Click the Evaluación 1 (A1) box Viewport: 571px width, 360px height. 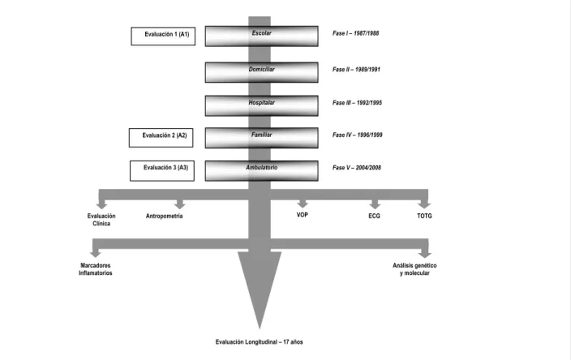pyautogui.click(x=163, y=36)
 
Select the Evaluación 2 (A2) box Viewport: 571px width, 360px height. pyautogui.click(x=161, y=138)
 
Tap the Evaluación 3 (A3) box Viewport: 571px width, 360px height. pyautogui.click(x=162, y=171)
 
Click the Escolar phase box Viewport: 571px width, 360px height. pyautogui.click(x=261, y=36)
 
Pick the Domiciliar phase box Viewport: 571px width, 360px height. pyautogui.click(x=261, y=72)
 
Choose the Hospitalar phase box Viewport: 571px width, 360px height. pyautogui.click(x=261, y=105)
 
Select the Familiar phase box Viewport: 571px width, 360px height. pyautogui.click(x=261, y=138)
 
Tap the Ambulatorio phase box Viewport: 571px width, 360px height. pyautogui.click(x=261, y=171)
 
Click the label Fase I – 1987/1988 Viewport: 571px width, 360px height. pyautogui.click(x=355, y=33)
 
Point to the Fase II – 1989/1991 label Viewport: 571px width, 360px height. pyautogui.click(x=356, y=69)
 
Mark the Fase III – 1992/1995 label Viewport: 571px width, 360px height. pyautogui.click(x=357, y=103)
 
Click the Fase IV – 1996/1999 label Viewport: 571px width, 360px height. pyautogui.click(x=357, y=135)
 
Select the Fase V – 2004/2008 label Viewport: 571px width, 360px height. pyautogui.click(x=357, y=168)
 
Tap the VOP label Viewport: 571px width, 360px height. pyautogui.click(x=303, y=215)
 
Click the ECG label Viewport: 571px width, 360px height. pyautogui.click(x=375, y=216)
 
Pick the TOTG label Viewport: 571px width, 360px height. pyautogui.click(x=424, y=216)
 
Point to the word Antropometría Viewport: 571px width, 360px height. pyautogui.click(x=164, y=216)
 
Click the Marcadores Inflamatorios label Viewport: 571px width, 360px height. pyautogui.click(x=96, y=269)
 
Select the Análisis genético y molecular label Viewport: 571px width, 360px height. pyautogui.click(x=414, y=269)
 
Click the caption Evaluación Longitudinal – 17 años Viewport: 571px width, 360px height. pyautogui.click(x=259, y=342)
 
